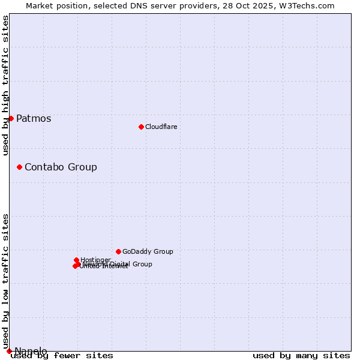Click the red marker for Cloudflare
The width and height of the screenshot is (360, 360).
click(x=141, y=127)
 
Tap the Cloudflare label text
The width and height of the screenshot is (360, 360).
click(x=161, y=127)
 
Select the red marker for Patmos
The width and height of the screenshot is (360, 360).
click(x=11, y=118)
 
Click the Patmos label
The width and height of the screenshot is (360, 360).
click(x=34, y=118)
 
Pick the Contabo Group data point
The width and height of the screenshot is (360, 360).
click(x=19, y=167)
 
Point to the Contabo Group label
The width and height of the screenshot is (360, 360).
click(x=61, y=167)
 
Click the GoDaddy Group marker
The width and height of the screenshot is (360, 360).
click(x=118, y=251)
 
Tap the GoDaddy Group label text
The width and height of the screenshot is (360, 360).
click(x=148, y=251)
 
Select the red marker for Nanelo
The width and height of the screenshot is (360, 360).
click(x=9, y=351)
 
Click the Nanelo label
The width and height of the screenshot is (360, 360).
click(x=31, y=351)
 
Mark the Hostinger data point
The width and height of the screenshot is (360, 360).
click(x=76, y=260)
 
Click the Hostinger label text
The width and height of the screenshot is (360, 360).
click(x=95, y=260)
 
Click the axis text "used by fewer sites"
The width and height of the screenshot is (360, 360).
click(x=62, y=355)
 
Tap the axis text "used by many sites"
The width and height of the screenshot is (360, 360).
click(x=301, y=355)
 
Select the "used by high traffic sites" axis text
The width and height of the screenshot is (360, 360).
click(x=6, y=85)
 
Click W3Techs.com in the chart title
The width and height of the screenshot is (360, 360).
click(x=310, y=5)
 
